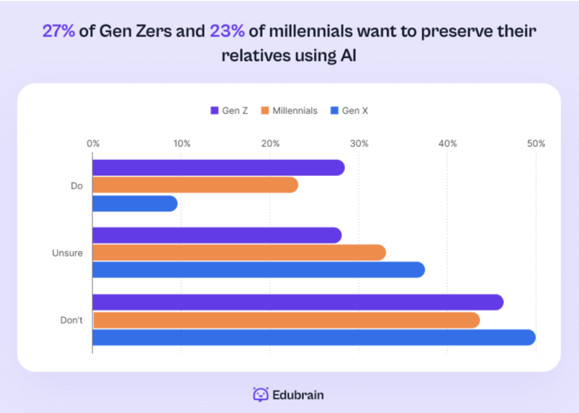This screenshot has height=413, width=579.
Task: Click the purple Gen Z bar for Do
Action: [219, 168]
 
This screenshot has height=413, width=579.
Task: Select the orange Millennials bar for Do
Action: [195, 185]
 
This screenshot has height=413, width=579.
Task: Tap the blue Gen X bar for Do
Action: [135, 204]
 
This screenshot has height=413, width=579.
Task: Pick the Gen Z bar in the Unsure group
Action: [217, 235]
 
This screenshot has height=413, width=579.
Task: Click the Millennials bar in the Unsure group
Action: [239, 253]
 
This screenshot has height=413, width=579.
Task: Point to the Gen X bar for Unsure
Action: [258, 270]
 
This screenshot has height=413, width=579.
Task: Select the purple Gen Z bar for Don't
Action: [298, 302]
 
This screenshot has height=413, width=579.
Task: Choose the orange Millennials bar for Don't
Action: [286, 320]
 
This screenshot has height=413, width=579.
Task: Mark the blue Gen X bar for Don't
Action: [314, 337]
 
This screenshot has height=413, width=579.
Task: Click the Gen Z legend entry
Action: [229, 111]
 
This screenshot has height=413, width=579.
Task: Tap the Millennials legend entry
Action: [289, 111]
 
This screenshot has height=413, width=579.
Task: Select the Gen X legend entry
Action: [349, 111]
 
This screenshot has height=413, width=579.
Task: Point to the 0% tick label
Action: [93, 143]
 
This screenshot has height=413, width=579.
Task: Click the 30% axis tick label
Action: [359, 143]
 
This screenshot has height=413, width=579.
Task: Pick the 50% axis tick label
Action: [536, 143]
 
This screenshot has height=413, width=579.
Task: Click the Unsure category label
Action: [67, 253]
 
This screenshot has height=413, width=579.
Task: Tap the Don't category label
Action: [71, 320]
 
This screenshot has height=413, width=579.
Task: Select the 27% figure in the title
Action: [58, 31]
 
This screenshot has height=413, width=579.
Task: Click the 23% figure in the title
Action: [227, 31]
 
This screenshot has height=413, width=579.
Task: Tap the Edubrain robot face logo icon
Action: [261, 394]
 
